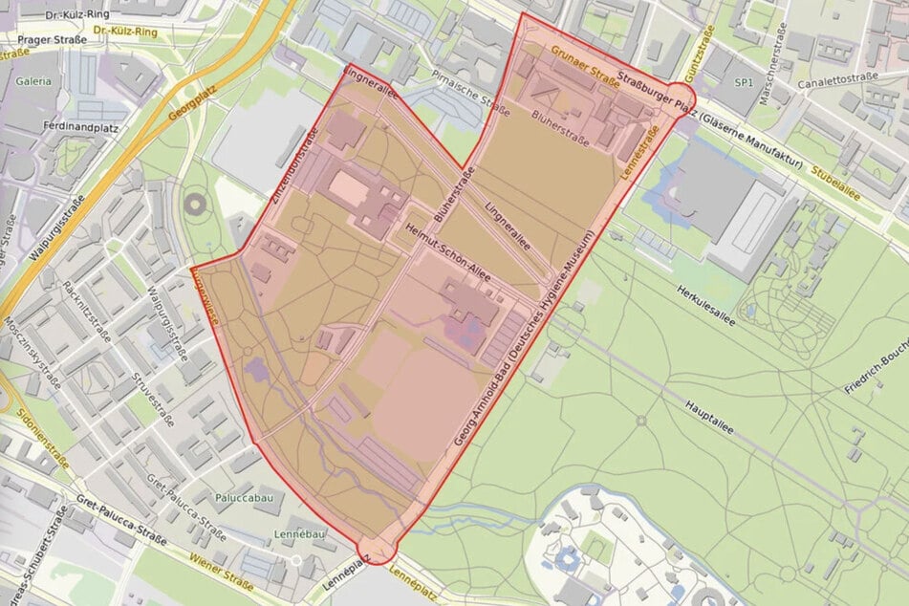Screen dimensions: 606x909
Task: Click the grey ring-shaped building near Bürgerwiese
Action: coord(196,204)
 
